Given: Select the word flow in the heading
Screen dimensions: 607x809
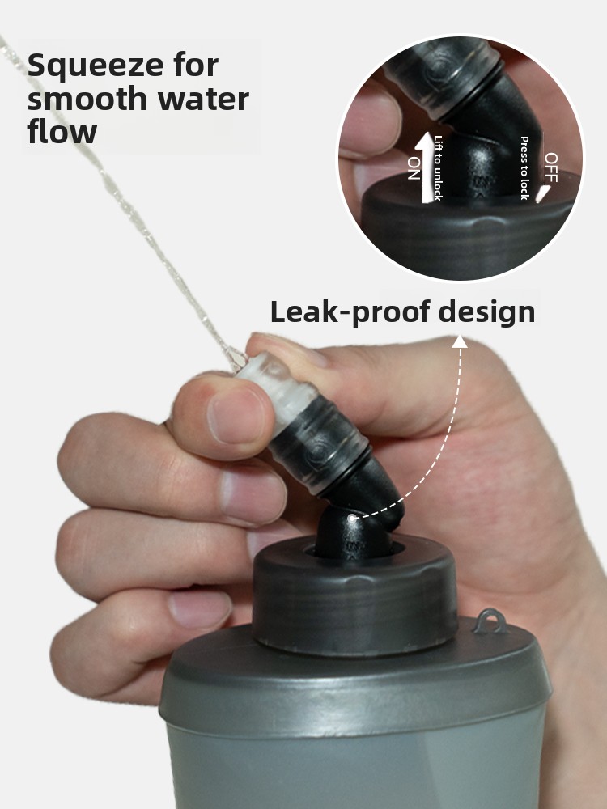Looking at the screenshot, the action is (62, 131).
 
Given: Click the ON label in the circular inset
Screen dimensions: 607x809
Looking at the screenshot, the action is (414, 168).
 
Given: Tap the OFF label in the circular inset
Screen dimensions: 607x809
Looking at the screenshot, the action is (550, 167).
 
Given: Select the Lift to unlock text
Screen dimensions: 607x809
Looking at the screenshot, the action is (438, 167).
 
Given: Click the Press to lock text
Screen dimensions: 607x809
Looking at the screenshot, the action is (524, 167).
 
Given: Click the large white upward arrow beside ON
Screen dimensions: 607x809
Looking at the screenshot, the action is (426, 167).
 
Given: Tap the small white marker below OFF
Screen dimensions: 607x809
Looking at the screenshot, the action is (542, 193).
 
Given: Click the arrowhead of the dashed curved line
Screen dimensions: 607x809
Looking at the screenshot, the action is (460, 341).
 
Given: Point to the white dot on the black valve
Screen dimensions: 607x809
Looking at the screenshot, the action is (351, 517).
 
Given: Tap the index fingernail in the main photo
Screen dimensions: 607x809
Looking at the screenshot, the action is (236, 415).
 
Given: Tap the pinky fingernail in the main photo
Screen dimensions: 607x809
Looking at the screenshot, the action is (200, 609).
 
